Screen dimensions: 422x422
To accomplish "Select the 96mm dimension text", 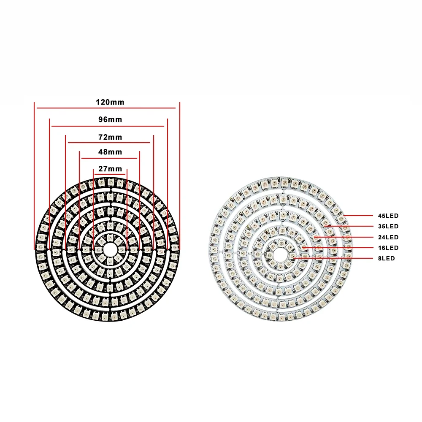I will [110, 119].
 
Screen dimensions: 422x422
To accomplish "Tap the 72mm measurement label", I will [110, 137].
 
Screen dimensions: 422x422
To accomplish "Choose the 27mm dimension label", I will [110, 169].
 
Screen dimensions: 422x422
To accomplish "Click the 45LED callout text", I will [388, 216].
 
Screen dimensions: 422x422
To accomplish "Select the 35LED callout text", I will [388, 227].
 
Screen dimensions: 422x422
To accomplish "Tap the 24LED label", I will [388, 237].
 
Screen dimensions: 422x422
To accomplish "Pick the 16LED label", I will [388, 248].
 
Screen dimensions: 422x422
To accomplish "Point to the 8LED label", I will [387, 258].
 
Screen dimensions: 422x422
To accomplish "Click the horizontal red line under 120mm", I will [105, 108].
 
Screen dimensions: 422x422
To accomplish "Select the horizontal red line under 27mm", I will [110, 174].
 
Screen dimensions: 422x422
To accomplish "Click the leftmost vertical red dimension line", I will [34, 177].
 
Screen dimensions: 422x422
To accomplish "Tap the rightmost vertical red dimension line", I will [180, 177].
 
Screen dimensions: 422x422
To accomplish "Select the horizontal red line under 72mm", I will [109, 143].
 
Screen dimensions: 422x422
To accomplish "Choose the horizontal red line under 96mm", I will [108, 126].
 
